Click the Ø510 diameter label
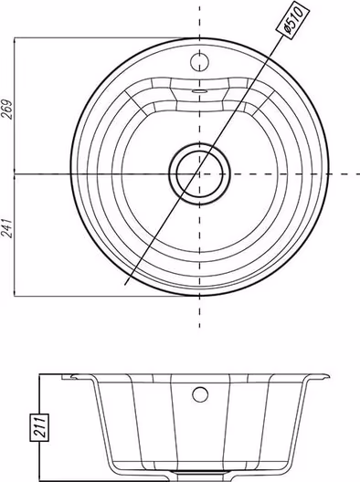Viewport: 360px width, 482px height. [292, 20]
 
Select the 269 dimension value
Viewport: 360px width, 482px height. [7, 110]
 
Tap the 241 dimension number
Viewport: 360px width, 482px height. [7, 228]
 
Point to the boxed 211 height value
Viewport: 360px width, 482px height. [39, 427]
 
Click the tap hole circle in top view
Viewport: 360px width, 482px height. [200, 61]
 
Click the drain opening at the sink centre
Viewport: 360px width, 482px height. [200, 173]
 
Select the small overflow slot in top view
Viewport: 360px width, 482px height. [200, 91]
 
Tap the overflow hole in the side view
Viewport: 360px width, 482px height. [200, 394]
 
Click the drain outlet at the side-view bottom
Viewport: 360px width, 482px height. [200, 480]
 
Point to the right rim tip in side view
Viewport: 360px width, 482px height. [329, 376]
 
